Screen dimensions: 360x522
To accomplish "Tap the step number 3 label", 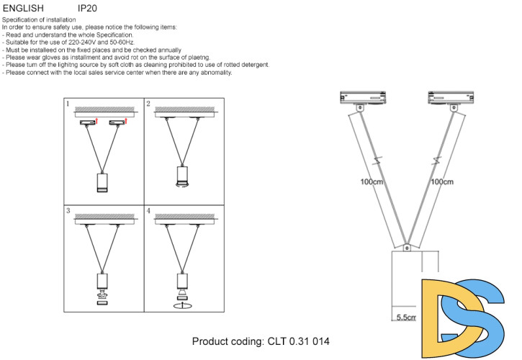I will [x=68, y=212].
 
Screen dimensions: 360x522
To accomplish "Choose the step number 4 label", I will [x=148, y=212].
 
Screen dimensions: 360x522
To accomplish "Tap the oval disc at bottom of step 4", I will [x=184, y=305].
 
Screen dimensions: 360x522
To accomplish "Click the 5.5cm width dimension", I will [x=406, y=317].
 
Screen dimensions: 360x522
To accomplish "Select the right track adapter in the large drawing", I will [x=451, y=97].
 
